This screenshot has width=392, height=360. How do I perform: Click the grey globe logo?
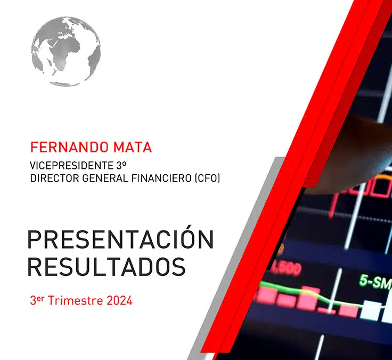(66, 51)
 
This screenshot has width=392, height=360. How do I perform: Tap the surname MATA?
(130, 147)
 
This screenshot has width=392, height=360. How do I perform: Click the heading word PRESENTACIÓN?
(120, 240)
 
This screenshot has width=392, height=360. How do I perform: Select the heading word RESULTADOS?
(107, 266)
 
